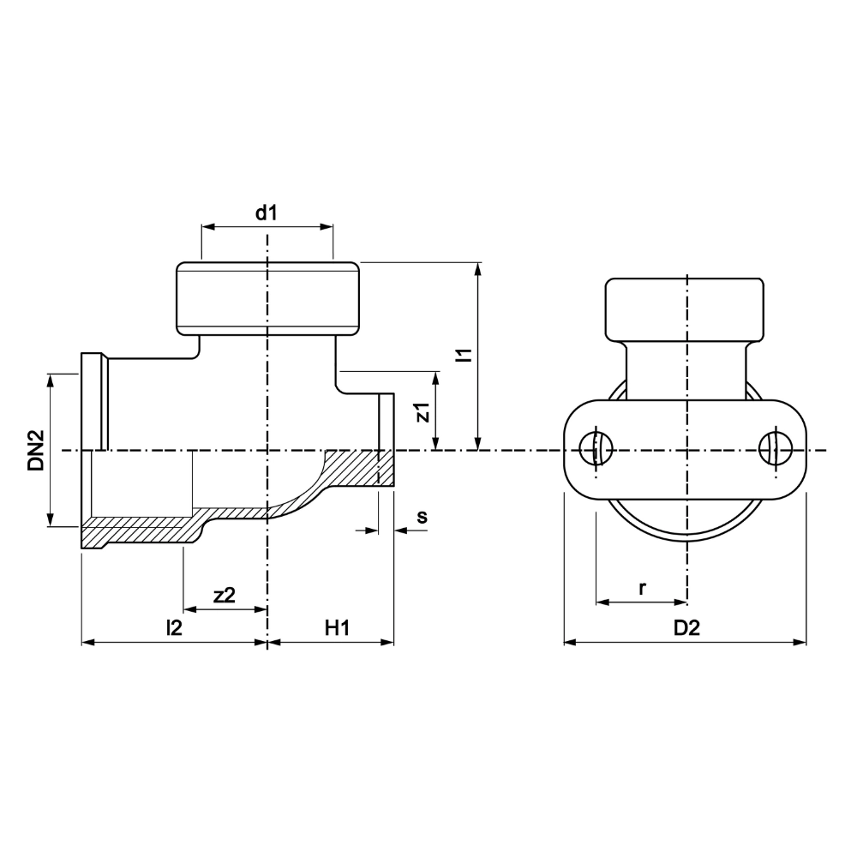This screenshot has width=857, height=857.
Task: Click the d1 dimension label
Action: (267, 213)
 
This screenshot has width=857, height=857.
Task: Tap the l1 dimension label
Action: (464, 356)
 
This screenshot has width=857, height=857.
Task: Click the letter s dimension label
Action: (421, 517)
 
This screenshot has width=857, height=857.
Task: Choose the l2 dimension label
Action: (174, 627)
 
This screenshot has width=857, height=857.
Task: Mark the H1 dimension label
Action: (337, 627)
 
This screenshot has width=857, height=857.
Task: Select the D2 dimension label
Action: (686, 627)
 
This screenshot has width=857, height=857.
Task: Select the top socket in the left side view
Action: (267, 297)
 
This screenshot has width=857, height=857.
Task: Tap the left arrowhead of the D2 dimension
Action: (569, 642)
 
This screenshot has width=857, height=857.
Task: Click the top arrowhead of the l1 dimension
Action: (477, 268)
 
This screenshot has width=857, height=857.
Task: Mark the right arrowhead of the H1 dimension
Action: (389, 642)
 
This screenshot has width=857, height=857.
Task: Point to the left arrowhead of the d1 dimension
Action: (207, 227)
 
